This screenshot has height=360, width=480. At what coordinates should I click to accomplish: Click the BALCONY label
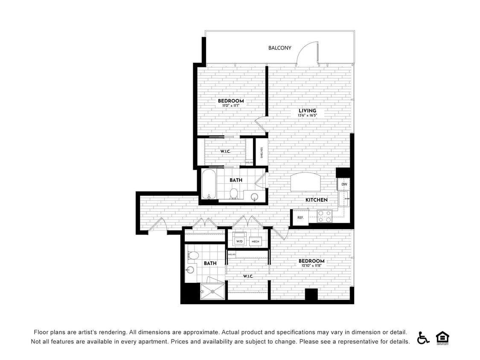[x=279, y=48]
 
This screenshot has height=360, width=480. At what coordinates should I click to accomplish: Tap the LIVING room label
[x=307, y=111]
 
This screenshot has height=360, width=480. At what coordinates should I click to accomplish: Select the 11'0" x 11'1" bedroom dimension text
[x=230, y=106]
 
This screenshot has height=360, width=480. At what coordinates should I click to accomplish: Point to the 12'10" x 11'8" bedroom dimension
[x=311, y=266]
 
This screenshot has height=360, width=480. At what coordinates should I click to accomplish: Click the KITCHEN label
[x=316, y=200]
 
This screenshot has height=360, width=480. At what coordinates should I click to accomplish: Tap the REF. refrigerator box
[x=300, y=218]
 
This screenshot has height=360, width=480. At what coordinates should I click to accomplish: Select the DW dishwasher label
[x=344, y=184]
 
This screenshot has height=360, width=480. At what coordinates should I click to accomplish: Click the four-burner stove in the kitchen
[x=325, y=216]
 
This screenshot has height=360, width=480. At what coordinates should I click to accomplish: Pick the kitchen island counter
[x=306, y=183]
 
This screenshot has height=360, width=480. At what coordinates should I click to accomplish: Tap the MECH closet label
[x=256, y=241]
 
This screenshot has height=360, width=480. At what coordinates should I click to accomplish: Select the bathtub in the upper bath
[x=209, y=185]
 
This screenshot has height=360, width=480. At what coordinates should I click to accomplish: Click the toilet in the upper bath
[x=234, y=194]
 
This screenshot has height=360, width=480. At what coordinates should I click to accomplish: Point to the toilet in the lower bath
[x=193, y=255]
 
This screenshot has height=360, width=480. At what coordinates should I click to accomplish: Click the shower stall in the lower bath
[x=212, y=291]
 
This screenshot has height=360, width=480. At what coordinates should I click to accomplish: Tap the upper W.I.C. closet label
[x=225, y=151]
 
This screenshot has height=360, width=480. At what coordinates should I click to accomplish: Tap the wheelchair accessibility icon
[x=423, y=337]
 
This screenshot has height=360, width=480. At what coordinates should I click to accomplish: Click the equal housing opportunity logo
[x=442, y=337]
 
